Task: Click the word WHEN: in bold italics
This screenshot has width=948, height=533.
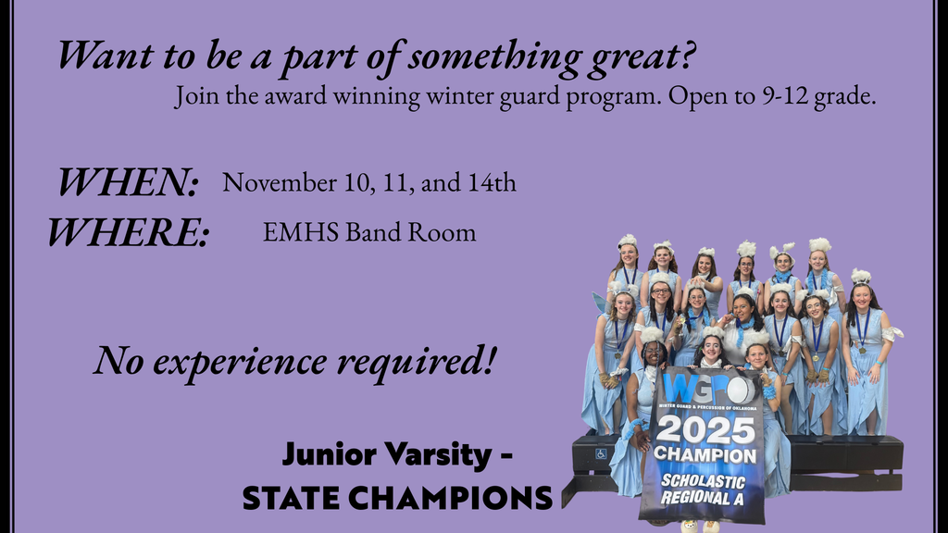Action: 129,182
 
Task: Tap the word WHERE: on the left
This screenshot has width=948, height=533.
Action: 129,231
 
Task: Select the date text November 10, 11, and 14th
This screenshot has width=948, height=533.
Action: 369,182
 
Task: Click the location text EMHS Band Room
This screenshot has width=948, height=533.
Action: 369,232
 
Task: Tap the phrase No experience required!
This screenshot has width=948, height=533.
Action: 293,358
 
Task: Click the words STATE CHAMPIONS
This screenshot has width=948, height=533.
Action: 396,499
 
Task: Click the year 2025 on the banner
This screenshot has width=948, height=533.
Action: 706,429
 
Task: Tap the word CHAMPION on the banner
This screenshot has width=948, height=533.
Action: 705,454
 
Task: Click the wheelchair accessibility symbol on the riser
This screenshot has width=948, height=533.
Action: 601,453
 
